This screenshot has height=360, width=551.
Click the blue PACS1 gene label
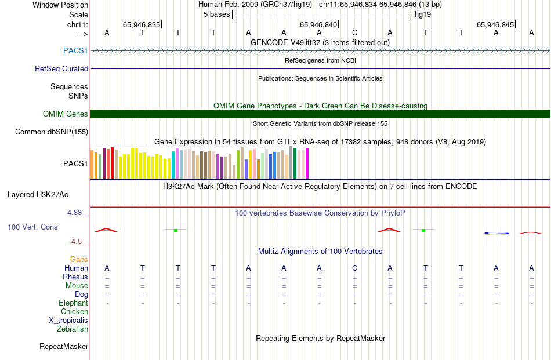point(75,50)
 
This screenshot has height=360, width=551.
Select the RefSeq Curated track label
point(61,68)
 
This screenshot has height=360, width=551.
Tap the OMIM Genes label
point(66,114)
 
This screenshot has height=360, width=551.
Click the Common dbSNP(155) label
point(52,132)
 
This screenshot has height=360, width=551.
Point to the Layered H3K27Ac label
point(38,195)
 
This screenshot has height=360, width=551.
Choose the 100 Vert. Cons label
point(32,227)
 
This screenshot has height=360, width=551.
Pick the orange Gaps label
point(79,259)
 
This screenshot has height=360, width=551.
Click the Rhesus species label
point(75,277)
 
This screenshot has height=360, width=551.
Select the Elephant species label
point(74,303)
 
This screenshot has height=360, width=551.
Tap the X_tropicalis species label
point(68,321)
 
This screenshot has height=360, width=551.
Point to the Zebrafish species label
point(72,329)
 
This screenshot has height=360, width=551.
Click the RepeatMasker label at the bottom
point(64,346)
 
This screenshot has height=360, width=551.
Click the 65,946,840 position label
point(318,24)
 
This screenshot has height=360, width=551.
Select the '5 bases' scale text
point(216,14)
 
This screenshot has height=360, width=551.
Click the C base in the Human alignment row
point(354,268)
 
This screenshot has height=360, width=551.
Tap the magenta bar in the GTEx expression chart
point(307,163)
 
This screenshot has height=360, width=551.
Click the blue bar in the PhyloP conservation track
point(496,233)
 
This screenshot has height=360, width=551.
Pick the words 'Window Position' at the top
point(60,5)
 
